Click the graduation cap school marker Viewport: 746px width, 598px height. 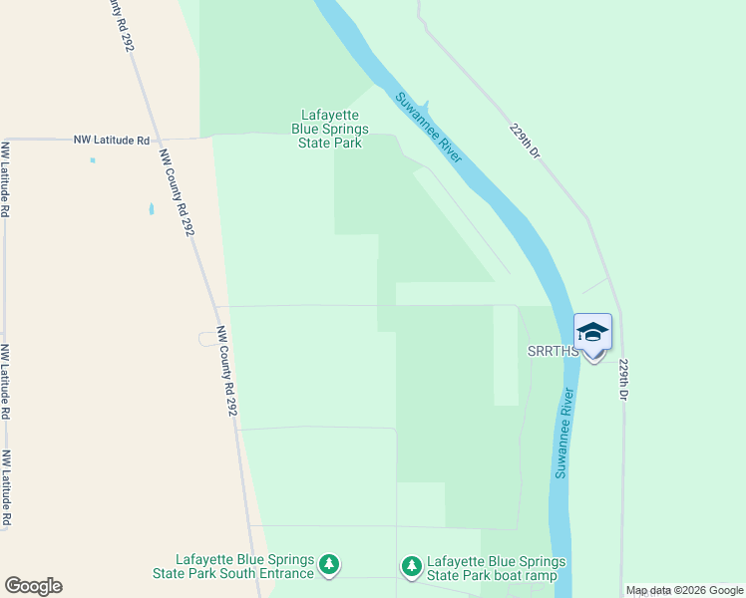592,333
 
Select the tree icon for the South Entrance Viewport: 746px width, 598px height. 329,566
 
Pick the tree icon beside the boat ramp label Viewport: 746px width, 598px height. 411,566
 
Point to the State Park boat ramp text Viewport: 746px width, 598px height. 496,567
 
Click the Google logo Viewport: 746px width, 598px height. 33,586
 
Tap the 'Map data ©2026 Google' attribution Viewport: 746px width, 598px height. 683,590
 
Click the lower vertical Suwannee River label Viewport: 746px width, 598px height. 565,432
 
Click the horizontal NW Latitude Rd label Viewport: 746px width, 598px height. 111,141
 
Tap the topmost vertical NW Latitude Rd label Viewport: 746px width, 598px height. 6,179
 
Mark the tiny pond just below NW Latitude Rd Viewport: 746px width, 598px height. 93,159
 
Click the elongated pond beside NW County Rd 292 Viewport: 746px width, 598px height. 152,209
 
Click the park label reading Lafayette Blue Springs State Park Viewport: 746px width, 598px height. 329,129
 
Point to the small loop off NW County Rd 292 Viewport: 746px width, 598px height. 206,339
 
